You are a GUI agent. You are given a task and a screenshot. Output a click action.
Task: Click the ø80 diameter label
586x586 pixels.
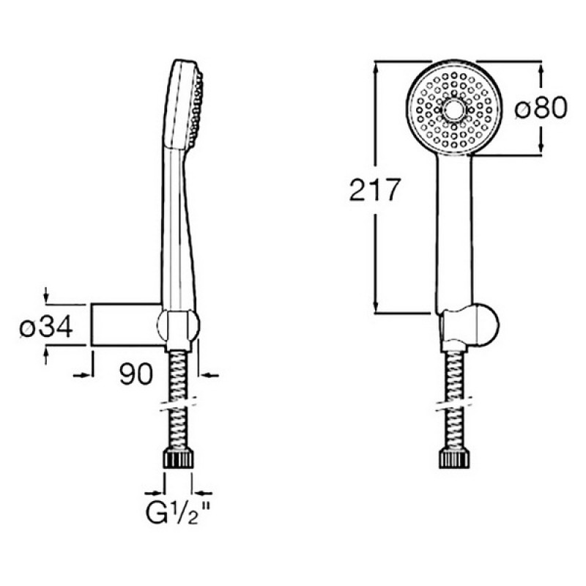click(x=541, y=108)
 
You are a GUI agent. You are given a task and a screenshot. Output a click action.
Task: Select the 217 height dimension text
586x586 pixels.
click(x=375, y=190)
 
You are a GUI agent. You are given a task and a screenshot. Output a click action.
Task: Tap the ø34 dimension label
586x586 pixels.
click(x=46, y=326)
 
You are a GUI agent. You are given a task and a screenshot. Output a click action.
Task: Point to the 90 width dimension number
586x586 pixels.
click(x=136, y=374)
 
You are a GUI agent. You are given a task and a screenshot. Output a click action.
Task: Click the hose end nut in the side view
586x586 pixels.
click(x=179, y=459)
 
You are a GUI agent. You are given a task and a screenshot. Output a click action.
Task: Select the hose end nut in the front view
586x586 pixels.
click(x=454, y=459)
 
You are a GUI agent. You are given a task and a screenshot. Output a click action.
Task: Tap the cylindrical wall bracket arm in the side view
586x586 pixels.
click(x=126, y=324)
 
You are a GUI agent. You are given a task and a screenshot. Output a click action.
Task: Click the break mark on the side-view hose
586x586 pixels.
click(x=179, y=404)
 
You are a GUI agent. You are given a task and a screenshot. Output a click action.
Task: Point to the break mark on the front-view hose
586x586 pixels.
click(x=454, y=404)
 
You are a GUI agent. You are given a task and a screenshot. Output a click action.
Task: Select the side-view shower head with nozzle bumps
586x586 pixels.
click(x=184, y=104)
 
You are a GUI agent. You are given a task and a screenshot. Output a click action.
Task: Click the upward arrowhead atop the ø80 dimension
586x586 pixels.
click(x=541, y=69)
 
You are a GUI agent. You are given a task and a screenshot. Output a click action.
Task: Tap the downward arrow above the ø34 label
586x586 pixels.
click(x=45, y=294)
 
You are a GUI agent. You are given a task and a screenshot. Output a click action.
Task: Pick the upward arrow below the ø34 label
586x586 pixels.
click(x=45, y=355)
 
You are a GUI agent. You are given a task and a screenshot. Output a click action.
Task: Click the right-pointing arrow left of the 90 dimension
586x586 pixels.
click(x=83, y=374)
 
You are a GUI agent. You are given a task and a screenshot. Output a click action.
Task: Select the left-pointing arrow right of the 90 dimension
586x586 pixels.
click(x=208, y=374)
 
